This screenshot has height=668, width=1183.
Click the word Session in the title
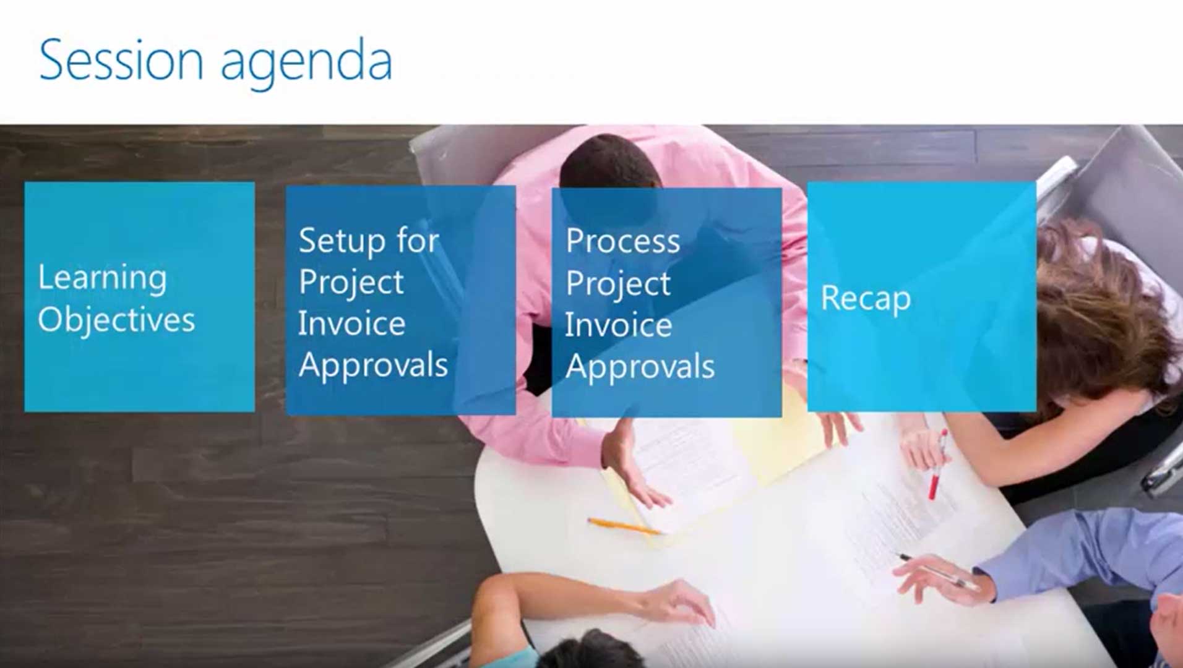(x=121, y=59)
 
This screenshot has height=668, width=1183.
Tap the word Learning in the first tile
(x=102, y=278)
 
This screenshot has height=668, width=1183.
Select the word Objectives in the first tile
(x=116, y=320)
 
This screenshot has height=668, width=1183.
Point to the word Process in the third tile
(x=622, y=241)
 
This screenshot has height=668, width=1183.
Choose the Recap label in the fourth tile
(x=866, y=299)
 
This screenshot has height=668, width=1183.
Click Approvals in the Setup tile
(x=373, y=365)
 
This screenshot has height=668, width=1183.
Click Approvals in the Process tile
(x=640, y=367)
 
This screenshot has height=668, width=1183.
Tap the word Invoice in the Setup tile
(x=351, y=323)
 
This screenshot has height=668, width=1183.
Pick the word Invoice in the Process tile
(x=618, y=325)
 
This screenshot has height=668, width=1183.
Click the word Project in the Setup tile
(x=351, y=283)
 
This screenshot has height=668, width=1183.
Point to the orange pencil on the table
(x=624, y=526)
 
